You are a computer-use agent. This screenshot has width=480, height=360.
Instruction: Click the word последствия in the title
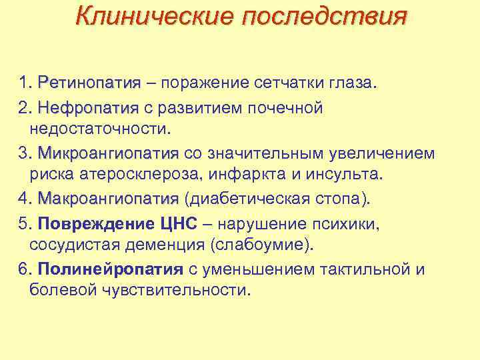click(x=323, y=15)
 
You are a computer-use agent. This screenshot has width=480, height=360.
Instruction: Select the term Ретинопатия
click(x=89, y=84)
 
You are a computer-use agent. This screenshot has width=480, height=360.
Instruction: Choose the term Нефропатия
click(x=88, y=108)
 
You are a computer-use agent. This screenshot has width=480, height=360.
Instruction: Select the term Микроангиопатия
click(x=109, y=154)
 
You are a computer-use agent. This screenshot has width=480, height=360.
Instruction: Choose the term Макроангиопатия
click(x=109, y=199)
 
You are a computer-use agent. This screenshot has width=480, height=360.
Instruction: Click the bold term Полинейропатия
click(x=109, y=269)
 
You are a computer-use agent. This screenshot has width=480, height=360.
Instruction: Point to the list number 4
click(x=24, y=199)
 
